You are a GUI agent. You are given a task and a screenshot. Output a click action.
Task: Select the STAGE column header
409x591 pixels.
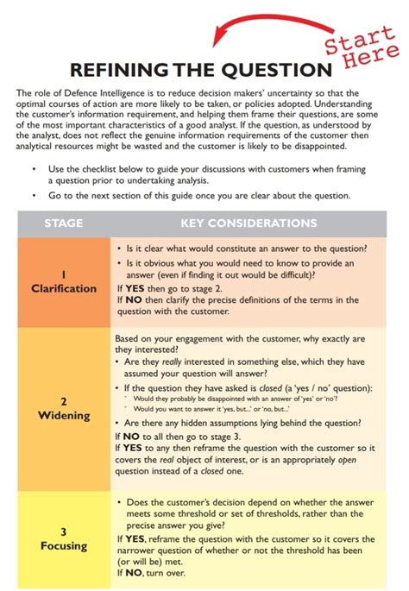64,223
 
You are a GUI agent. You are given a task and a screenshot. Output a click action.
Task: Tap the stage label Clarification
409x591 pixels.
64,288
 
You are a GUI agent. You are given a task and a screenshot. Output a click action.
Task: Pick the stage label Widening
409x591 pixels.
64,416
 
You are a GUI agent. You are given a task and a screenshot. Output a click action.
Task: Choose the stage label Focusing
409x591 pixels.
64,545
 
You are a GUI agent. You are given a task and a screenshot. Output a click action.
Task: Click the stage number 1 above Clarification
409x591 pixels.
64,273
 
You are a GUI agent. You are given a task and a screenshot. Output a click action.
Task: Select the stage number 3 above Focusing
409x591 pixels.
64,531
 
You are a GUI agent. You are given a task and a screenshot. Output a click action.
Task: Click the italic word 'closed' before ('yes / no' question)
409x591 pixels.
274,388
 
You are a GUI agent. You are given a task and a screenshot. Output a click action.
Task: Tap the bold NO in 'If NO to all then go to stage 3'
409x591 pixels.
131,437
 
